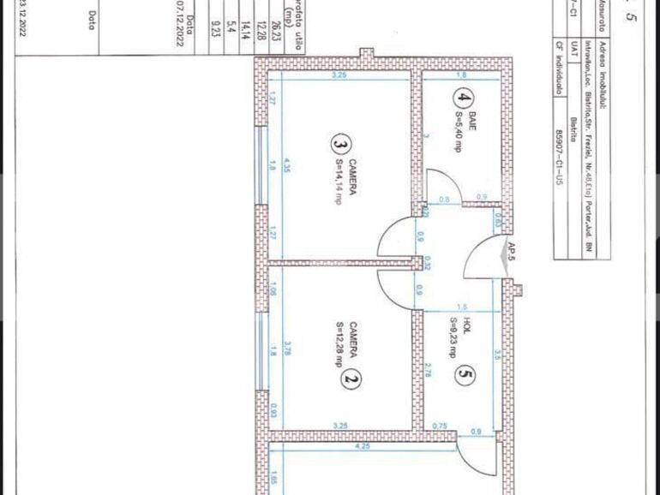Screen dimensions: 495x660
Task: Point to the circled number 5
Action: click(465, 374)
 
